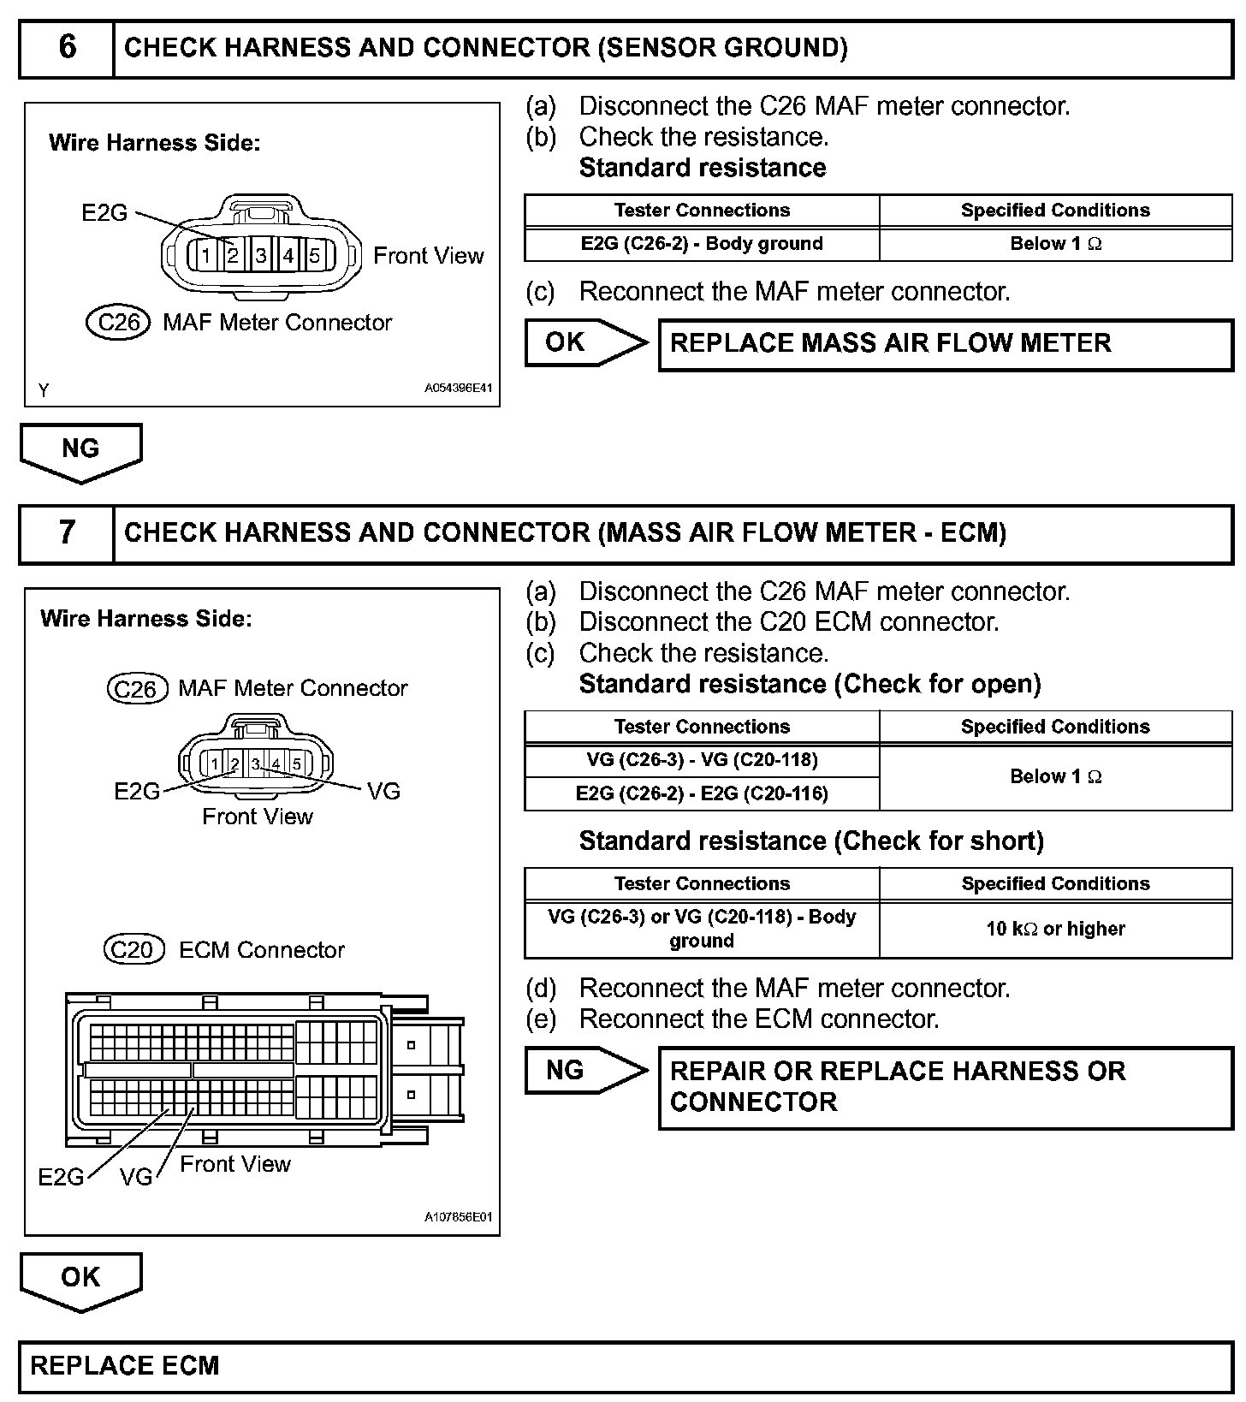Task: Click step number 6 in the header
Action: (67, 47)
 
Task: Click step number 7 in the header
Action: (67, 532)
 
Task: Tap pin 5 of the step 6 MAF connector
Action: (315, 255)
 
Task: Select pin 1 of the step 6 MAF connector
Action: (205, 255)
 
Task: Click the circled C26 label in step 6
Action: (119, 323)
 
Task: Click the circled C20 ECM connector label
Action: (133, 950)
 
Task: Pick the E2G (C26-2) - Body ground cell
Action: (702, 244)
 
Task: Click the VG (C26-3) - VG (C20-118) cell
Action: (702, 760)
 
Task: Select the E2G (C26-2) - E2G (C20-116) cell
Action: (702, 793)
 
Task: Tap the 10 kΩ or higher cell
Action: (1055, 929)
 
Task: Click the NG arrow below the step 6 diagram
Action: (80, 450)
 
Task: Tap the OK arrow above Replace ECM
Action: (80, 1279)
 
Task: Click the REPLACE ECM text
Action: (125, 1365)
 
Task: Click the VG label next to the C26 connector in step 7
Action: (383, 792)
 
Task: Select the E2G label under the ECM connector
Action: (61, 1178)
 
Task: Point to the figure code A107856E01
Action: (458, 1217)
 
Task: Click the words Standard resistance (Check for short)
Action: (811, 841)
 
